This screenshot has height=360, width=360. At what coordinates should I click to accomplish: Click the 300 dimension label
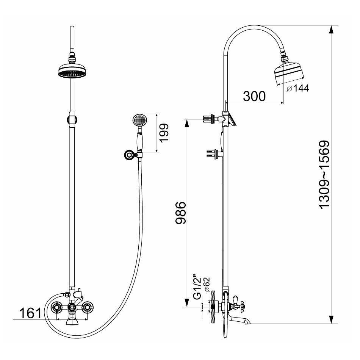coord(254,96)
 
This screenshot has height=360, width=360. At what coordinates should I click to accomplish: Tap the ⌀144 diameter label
coord(298,88)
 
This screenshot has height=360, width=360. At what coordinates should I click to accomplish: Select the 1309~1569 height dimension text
coord(324,174)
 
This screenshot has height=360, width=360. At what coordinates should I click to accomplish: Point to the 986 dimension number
coord(180,213)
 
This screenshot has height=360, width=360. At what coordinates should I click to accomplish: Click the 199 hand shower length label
coord(164,133)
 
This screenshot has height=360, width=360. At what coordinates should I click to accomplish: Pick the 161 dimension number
coord(31,313)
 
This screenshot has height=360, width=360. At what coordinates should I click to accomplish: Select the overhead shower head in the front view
coord(72,70)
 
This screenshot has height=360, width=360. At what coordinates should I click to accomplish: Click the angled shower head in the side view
coord(289,72)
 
